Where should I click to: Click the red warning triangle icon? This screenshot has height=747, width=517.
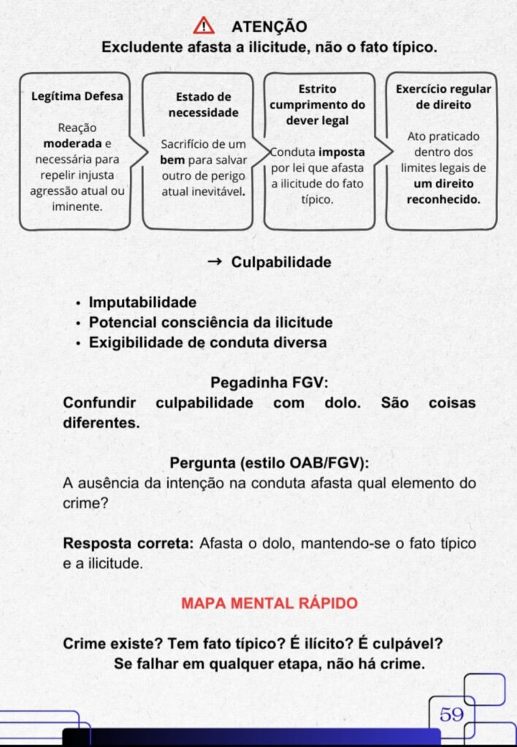point(204,26)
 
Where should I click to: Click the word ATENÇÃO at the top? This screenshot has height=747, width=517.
point(269,27)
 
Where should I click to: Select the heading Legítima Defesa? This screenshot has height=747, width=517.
point(77,96)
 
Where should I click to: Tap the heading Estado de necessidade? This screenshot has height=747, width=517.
point(204,104)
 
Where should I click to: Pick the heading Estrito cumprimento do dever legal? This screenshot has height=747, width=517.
point(317,104)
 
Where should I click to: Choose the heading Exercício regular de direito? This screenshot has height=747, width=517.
point(443,96)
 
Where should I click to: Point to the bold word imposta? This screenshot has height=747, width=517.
point(342,152)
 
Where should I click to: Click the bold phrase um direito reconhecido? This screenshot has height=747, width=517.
point(443,191)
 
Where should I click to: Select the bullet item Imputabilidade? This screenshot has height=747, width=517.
point(142,302)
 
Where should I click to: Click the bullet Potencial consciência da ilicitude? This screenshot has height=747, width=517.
point(210,322)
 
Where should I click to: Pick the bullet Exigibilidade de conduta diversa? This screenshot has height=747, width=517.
point(207,341)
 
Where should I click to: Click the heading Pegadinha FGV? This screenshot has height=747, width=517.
point(269,383)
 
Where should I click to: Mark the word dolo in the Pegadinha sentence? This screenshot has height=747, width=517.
point(344,403)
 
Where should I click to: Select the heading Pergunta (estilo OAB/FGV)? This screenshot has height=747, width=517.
point(269,462)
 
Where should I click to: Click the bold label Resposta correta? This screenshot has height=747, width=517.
point(129,543)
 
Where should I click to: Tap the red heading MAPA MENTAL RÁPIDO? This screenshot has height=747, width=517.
point(269,603)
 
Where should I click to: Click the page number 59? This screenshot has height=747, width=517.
point(452,714)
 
